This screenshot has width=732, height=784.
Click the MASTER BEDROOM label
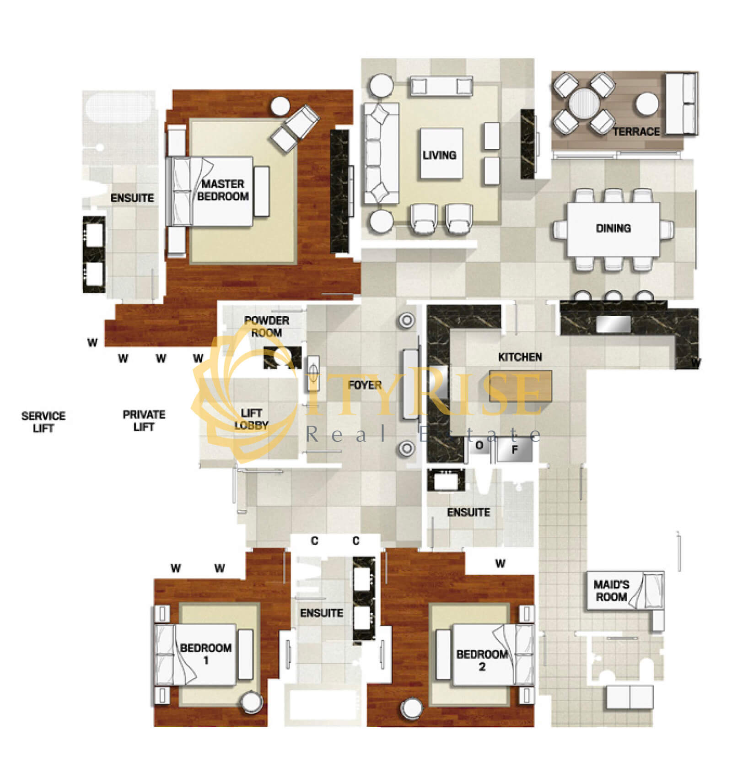click(x=223, y=190)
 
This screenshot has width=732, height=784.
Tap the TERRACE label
click(x=636, y=132)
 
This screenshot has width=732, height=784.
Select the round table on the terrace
click(x=583, y=103)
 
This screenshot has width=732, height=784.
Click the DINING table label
click(x=613, y=228)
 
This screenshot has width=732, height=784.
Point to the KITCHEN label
click(x=520, y=357)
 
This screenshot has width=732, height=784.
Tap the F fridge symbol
click(x=515, y=450)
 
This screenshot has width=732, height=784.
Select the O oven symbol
click(x=479, y=445)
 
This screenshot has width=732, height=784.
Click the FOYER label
click(x=365, y=385)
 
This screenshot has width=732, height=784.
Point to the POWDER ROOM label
click(x=267, y=326)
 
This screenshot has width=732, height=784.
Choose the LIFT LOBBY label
click(x=251, y=419)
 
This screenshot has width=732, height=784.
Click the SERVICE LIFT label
click(x=43, y=422)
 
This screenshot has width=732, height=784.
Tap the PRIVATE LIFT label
click(x=144, y=421)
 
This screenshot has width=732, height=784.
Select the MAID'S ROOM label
click(x=611, y=590)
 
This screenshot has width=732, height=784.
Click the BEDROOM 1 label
click(x=206, y=654)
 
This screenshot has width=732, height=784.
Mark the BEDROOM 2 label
click(x=482, y=660)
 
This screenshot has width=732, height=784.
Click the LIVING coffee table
click(x=441, y=154)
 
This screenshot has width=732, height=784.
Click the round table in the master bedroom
click(x=280, y=106)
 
